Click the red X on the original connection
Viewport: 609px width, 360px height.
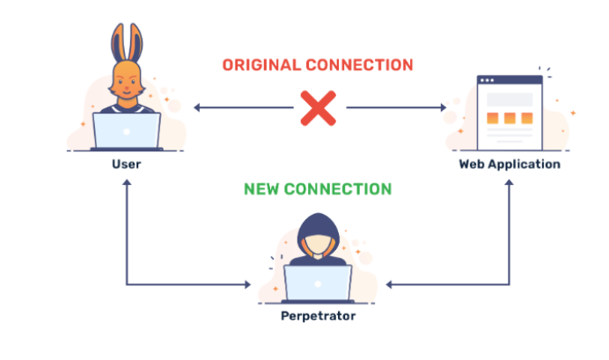pyautogui.click(x=318, y=108)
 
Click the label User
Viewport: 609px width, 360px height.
pyautogui.click(x=127, y=164)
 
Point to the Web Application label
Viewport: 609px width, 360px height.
pyautogui.click(x=509, y=164)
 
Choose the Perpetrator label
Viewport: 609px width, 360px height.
pyautogui.click(x=318, y=315)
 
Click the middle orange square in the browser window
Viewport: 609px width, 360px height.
pyautogui.click(x=510, y=118)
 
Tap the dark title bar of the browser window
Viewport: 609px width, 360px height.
pyautogui.click(x=510, y=81)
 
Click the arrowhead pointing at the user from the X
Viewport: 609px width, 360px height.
pyautogui.click(x=198, y=108)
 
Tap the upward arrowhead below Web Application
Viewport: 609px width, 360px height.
pyautogui.click(x=509, y=181)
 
